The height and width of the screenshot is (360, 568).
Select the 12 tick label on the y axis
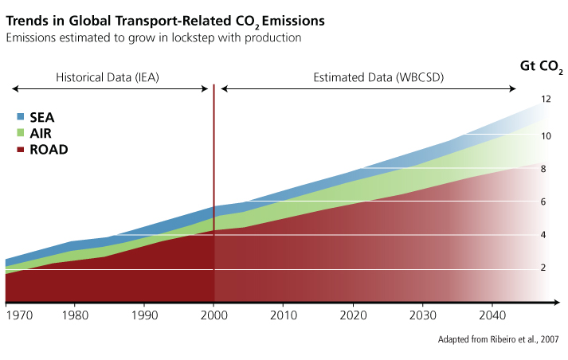546,100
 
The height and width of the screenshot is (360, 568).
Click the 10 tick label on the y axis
546,136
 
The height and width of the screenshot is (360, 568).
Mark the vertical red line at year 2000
213,191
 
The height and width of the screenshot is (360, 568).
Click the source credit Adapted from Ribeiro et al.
499,339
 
